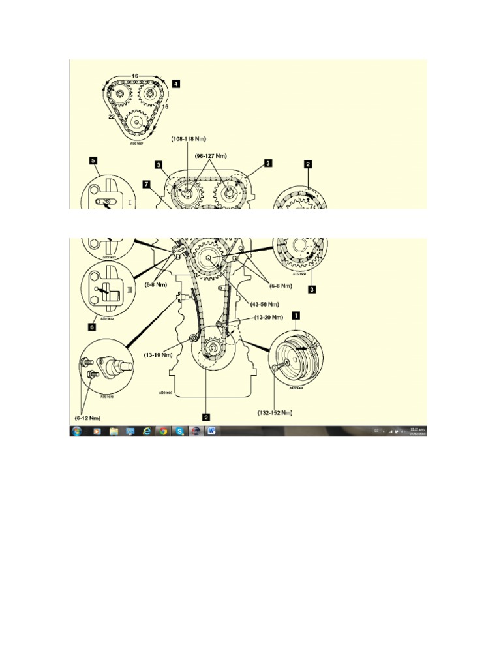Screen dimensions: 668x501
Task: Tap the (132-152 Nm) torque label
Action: point(274,413)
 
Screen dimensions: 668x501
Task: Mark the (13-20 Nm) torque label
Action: point(269,317)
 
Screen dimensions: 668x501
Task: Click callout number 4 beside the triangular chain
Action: point(176,83)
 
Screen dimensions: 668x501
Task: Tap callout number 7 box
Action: point(147,185)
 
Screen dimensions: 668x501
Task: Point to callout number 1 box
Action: point(296,314)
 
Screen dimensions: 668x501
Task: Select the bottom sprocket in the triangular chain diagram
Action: point(137,122)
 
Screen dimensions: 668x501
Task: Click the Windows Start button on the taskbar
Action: point(78,431)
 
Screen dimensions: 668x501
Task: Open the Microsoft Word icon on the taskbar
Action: point(212,431)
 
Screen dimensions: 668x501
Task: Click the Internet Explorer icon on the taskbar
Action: point(146,431)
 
